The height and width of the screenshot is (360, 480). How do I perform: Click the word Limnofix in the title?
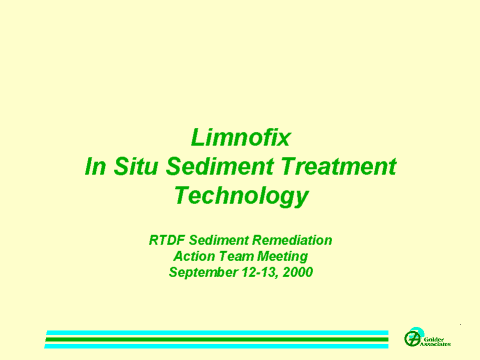tap(241, 137)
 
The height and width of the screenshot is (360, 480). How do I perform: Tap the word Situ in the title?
tap(135, 166)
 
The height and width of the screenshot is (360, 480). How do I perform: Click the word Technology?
tap(241, 196)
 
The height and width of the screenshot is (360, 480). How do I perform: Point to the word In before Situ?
tap(95, 166)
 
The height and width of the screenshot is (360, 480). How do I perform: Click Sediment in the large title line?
tap(220, 166)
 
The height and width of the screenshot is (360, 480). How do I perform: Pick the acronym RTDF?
tap(167, 240)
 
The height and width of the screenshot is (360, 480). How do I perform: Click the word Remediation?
tap(292, 240)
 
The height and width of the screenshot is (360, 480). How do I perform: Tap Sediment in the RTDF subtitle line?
tap(219, 240)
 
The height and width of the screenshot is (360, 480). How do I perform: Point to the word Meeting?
tap(283, 257)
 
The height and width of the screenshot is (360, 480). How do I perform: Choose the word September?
tap(203, 272)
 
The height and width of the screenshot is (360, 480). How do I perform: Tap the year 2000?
tap(298, 272)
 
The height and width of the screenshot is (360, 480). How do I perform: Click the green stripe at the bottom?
tap(217, 339)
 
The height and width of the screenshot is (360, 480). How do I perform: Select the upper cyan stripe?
tap(217, 333)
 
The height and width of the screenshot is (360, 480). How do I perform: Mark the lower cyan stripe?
tap(216, 346)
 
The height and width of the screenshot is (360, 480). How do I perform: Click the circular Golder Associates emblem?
tap(412, 338)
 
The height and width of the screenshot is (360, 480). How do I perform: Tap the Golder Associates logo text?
tap(435, 342)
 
